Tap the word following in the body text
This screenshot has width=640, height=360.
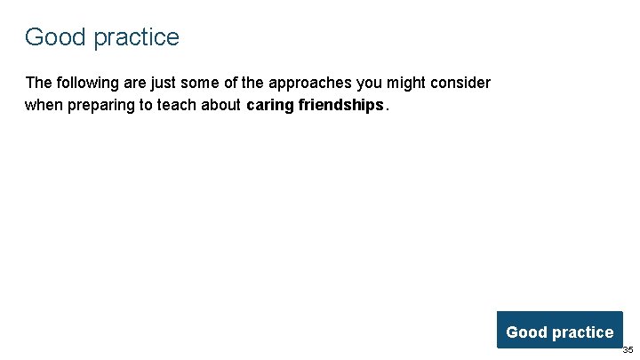87,83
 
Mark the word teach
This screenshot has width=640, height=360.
180,105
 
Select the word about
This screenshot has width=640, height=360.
222,105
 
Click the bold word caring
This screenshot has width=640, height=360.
270,106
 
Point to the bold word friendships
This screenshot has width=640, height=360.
341,105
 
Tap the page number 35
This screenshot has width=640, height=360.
628,350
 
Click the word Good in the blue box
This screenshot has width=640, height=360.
526,332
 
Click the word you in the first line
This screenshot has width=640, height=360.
372,84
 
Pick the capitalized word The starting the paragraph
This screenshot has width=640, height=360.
39,83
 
